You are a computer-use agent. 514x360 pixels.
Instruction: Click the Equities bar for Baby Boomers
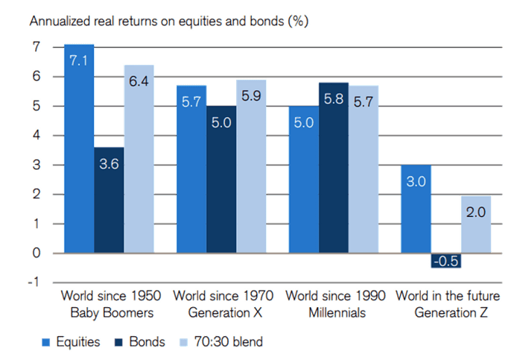tap(77, 149)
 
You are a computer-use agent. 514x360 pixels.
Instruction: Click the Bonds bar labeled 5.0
tap(220, 179)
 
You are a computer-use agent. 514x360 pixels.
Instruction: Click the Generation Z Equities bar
tap(416, 209)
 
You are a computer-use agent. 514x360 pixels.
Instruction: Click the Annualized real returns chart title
tap(168, 21)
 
